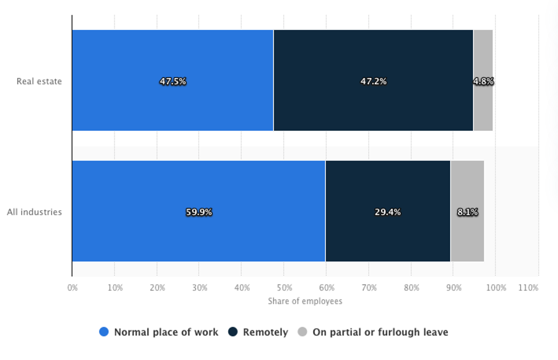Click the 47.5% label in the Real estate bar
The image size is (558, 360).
click(173, 81)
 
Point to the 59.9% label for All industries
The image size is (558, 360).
click(199, 212)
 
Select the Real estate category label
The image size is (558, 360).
click(39, 81)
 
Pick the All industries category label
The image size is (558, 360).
click(34, 212)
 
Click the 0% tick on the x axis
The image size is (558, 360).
click(72, 288)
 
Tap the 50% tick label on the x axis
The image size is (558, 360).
click(284, 288)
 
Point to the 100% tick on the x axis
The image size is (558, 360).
click(496, 288)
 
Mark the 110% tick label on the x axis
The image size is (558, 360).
click(529, 288)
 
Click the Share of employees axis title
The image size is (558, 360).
click(305, 301)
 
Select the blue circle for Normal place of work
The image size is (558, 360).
click(104, 332)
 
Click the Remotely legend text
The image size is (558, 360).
click(265, 332)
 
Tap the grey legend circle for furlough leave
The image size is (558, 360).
click(302, 332)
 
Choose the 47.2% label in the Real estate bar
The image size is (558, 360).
click(374, 81)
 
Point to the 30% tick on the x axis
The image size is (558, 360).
click(200, 288)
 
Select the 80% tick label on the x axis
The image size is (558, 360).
click(411, 288)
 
